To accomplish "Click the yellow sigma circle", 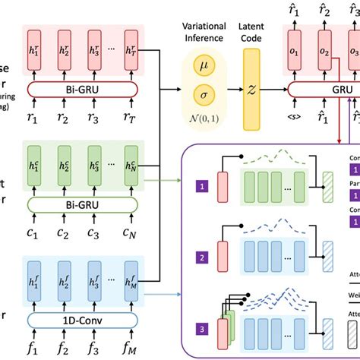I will click(204, 96).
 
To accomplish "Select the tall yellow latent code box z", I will click(251, 89).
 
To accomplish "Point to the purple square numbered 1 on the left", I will click(201, 185).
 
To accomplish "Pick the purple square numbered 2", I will click(201, 258).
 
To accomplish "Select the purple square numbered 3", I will click(201, 329).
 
